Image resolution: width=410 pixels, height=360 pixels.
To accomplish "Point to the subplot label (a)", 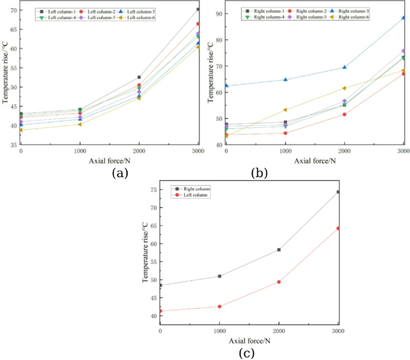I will tap(120, 173).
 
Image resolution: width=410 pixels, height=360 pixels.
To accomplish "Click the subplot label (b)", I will tap(259, 173).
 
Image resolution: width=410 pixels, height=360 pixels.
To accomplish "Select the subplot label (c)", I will tap(247, 353).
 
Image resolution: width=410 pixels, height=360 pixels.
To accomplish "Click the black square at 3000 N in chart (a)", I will tap(198, 9).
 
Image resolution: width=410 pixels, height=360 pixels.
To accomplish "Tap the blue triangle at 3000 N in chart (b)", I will tap(403, 17).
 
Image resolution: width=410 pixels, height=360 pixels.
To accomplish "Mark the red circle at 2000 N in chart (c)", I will tap(279, 282).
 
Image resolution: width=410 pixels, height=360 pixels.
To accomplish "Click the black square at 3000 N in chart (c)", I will tap(338, 192).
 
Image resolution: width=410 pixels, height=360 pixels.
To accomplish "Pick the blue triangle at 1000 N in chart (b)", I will tap(285, 79).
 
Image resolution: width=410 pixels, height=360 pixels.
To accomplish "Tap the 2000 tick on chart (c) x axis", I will tap(278, 331).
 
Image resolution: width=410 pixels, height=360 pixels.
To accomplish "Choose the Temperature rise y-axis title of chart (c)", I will tap(144, 252).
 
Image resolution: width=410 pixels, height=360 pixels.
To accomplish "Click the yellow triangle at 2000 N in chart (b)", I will tap(344, 88).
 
